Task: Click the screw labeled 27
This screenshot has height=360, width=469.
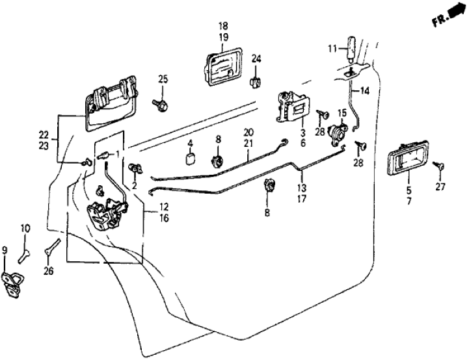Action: [x=442, y=169]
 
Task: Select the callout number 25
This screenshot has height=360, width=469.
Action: [x=163, y=80]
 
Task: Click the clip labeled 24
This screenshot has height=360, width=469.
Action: [x=255, y=81]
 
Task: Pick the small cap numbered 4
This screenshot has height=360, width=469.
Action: [x=191, y=159]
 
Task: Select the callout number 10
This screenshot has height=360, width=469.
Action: [x=25, y=229]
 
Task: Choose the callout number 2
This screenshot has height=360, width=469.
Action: [x=134, y=185]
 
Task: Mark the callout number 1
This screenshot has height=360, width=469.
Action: [x=118, y=155]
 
